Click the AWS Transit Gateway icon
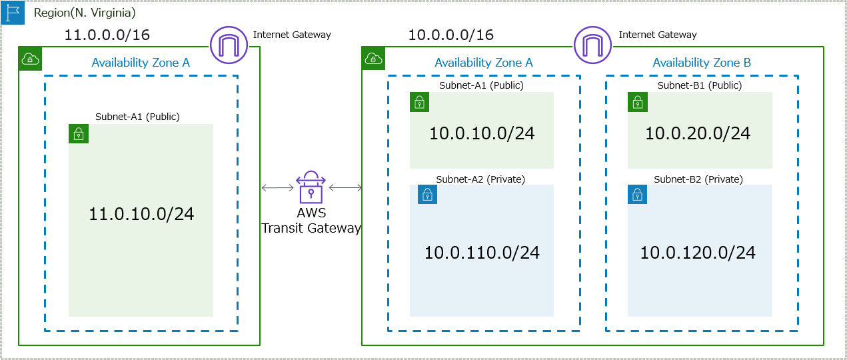(311, 187)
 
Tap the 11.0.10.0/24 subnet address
(141, 214)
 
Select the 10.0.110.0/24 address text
(482, 253)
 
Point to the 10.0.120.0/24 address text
(698, 253)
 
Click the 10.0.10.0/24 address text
(482, 133)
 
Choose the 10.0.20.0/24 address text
(698, 133)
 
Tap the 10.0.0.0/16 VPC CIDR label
(451, 35)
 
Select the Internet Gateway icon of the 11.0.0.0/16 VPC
(229, 45)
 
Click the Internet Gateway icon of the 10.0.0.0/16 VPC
(592, 45)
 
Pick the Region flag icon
(13, 13)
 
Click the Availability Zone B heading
(702, 63)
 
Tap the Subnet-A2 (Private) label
(480, 179)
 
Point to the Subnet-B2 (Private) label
(698, 179)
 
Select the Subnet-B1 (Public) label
(699, 85)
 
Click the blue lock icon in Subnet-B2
(638, 195)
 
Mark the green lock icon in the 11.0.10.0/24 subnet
(79, 133)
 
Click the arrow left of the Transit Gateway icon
(278, 188)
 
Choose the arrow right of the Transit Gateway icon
(345, 188)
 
